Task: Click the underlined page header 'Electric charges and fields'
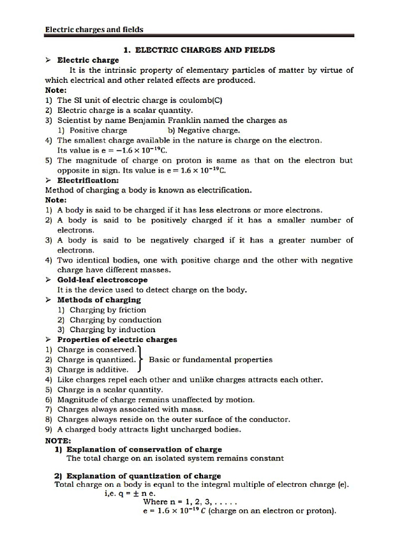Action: pos(94,30)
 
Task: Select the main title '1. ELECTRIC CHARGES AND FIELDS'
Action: pos(199,50)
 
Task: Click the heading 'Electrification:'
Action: pos(88,180)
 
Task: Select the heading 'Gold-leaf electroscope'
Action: pos(102,280)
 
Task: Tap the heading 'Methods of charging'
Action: pos(99,300)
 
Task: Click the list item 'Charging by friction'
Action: pos(108,310)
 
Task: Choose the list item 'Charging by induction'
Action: pos(112,330)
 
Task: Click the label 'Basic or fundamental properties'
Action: pos(211,360)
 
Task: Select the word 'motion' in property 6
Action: pos(240,400)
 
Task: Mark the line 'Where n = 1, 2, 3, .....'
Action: pos(191,502)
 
